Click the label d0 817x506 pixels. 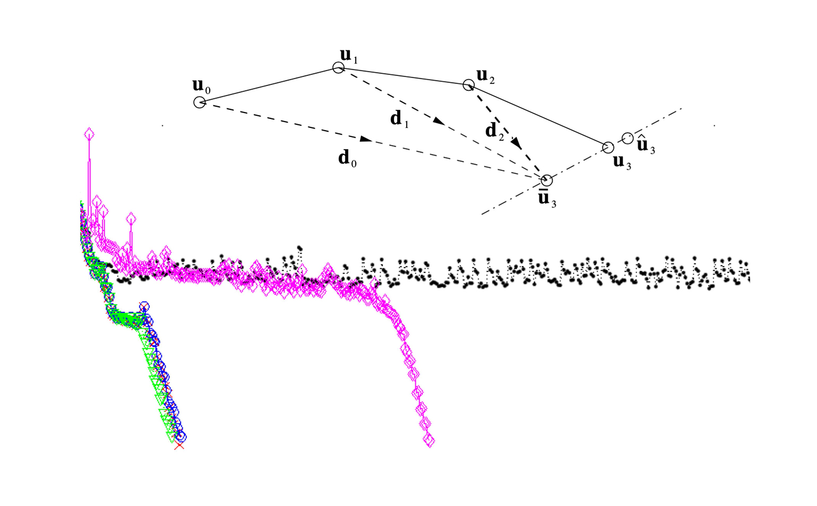[347, 159]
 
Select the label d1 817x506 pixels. [399, 119]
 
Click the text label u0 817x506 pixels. [201, 87]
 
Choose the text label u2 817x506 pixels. [485, 76]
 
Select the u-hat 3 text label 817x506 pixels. [646, 144]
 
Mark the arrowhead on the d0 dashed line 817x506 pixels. [366, 139]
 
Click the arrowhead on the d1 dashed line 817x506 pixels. [439, 121]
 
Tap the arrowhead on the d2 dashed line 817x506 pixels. [517, 143]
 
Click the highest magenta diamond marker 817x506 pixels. [89, 134]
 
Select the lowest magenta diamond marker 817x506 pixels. [429, 441]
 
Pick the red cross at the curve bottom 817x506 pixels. [179, 445]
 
